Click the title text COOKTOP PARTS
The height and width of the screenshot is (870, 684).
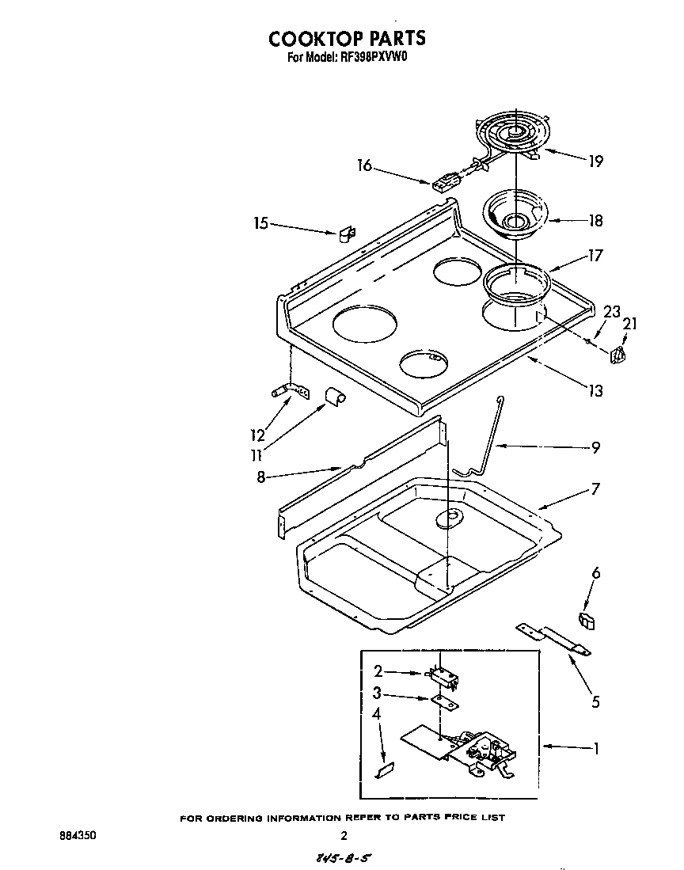coord(347,38)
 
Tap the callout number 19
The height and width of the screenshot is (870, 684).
coord(595,161)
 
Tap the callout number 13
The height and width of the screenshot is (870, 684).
coord(595,390)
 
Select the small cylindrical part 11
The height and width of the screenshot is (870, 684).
coord(332,395)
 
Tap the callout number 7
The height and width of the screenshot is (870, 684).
coord(595,489)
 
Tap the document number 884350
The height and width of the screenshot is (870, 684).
coord(78,835)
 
